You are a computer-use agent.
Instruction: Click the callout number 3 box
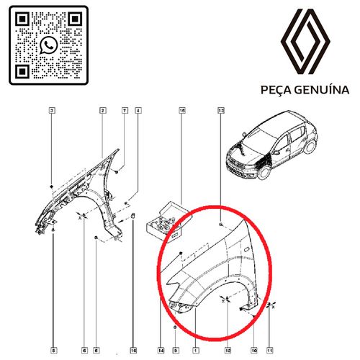click(x=52, y=111)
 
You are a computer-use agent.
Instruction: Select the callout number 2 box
click(x=103, y=111)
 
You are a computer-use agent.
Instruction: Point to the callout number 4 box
click(x=138, y=111)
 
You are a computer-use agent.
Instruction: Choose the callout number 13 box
click(x=221, y=111)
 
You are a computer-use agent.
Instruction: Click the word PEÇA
click(x=276, y=91)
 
